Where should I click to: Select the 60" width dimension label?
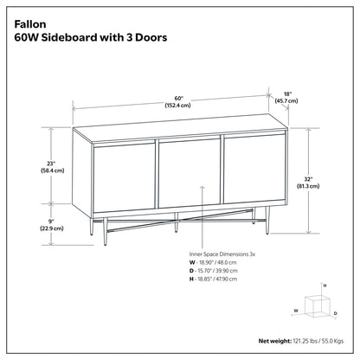click(x=179, y=97)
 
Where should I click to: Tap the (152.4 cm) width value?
click(x=179, y=106)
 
